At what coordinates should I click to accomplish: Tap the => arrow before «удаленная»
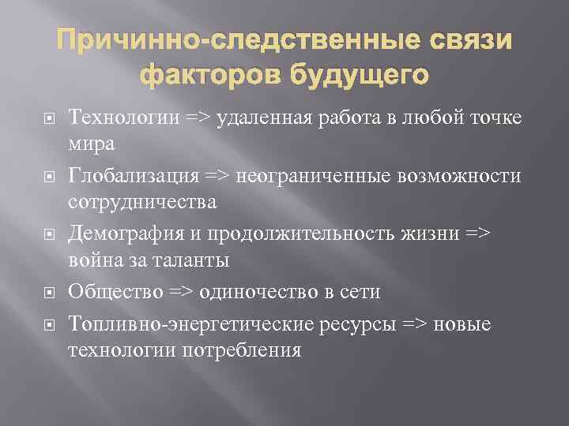pyautogui.click(x=203, y=118)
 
